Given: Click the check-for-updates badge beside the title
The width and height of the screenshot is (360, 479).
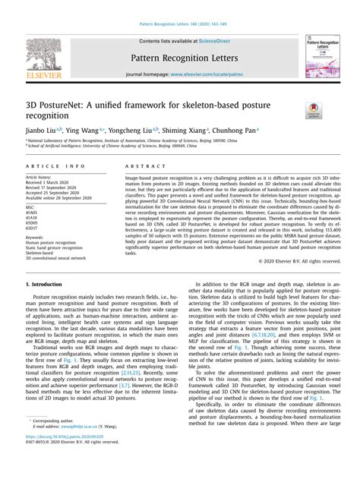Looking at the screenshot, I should click(x=312, y=111).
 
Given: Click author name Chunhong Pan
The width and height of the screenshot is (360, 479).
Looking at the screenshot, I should click(x=235, y=131).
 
